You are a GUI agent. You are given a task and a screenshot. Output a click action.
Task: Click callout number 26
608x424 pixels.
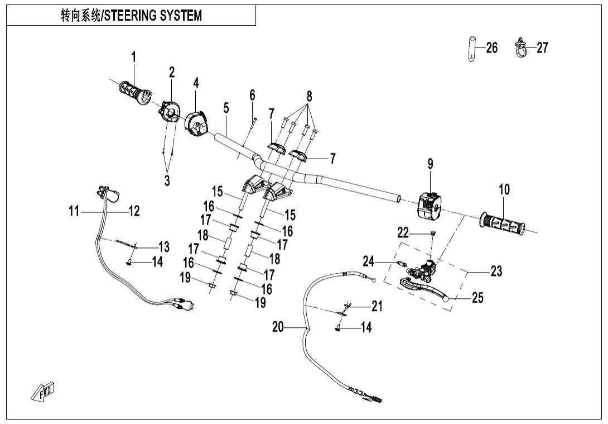(491, 48)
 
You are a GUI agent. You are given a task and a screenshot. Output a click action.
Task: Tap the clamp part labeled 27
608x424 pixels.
(520, 49)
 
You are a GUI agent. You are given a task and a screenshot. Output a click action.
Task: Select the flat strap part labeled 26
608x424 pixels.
(471, 48)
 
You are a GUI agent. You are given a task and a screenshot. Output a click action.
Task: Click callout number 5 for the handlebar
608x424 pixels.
(226, 108)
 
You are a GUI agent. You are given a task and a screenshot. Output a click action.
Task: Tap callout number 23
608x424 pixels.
(496, 271)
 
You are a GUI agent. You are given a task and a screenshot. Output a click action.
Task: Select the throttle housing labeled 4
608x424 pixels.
(196, 122)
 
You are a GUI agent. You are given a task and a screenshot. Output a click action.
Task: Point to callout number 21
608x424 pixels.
(378, 306)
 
